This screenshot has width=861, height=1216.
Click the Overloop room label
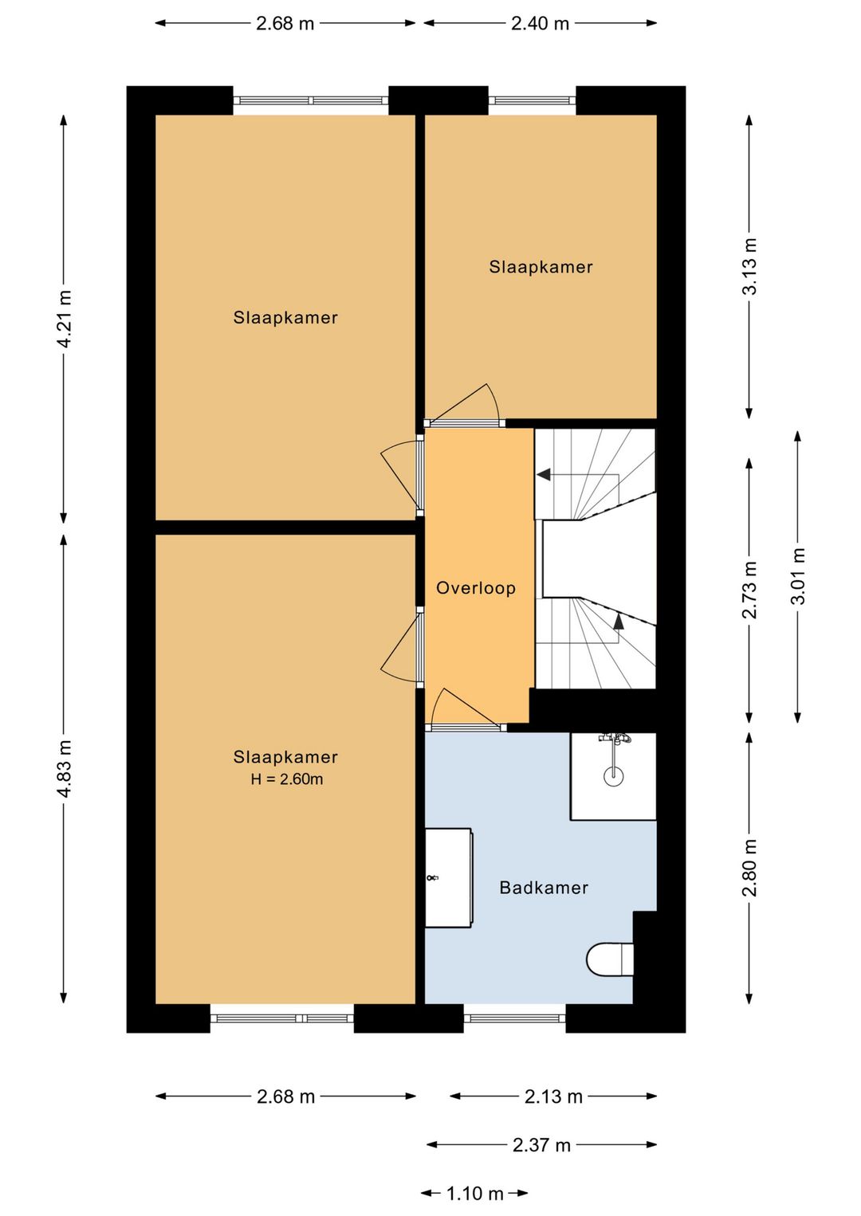[475, 588]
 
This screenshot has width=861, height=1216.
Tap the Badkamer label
[544, 888]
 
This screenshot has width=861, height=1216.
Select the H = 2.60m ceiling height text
[287, 779]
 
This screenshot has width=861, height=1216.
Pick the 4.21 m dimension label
[65, 319]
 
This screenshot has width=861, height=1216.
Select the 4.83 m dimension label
[65, 768]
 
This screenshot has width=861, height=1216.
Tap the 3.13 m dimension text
[749, 266]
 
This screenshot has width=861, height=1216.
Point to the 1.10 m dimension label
[475, 1193]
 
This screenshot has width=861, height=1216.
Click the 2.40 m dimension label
[540, 23]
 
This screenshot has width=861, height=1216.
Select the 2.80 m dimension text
[749, 868]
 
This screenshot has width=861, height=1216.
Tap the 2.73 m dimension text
[749, 590]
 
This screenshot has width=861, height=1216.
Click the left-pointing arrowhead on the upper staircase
[544, 474]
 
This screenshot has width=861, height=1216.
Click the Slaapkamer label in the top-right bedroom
[541, 267]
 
